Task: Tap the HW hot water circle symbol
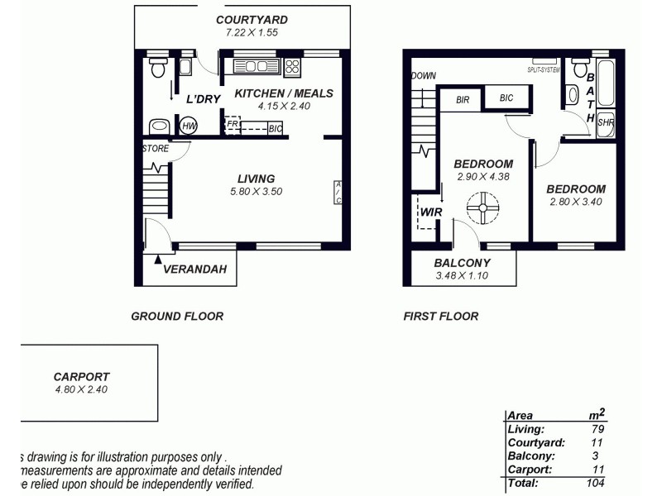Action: [x=189, y=126]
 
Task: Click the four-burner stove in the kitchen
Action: [x=293, y=66]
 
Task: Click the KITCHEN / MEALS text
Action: [x=284, y=93]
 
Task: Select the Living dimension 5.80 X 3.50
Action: [x=256, y=192]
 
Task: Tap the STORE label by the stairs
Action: [x=156, y=150]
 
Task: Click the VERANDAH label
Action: [x=196, y=269]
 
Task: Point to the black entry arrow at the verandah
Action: [x=158, y=260]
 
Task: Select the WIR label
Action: [x=431, y=212]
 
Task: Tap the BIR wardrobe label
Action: [x=463, y=99]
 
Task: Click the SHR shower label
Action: [x=605, y=122]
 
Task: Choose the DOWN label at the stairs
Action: [x=423, y=76]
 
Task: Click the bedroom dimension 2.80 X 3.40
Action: [x=576, y=202]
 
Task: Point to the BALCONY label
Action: [x=463, y=264]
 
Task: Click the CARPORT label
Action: [x=81, y=376]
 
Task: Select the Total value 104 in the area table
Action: [x=593, y=482]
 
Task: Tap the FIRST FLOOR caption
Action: [x=440, y=316]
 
